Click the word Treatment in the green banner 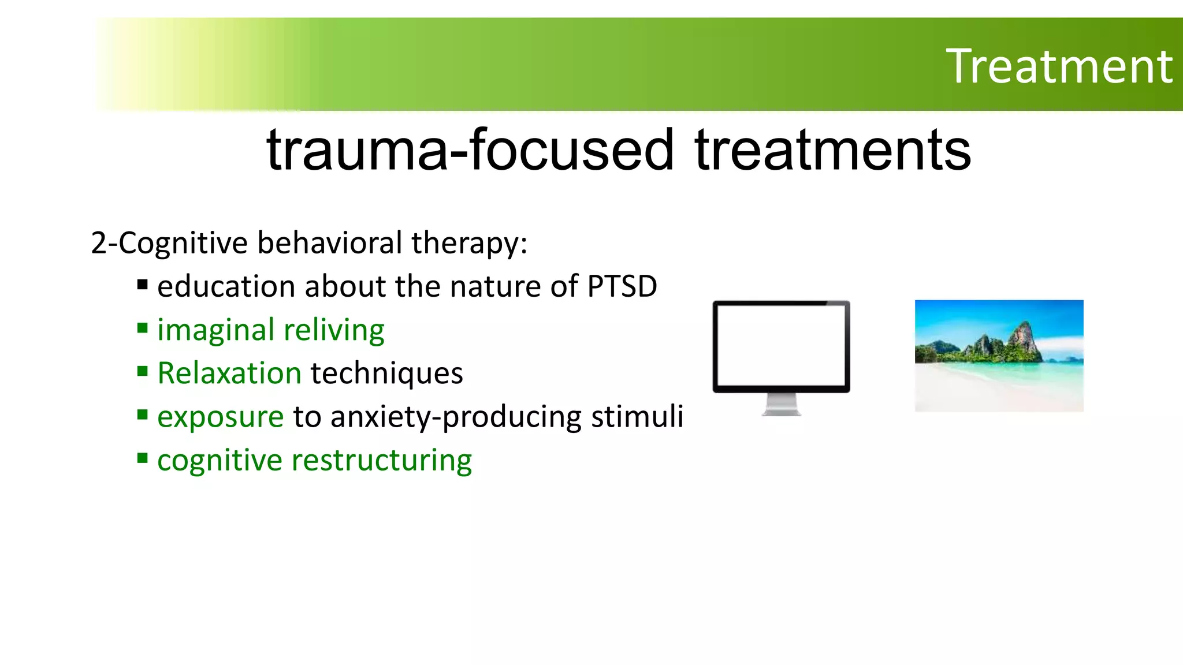[1059, 66]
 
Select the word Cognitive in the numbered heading [184, 242]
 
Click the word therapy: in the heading [469, 242]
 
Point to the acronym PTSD [622, 286]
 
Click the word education [226, 286]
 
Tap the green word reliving [334, 330]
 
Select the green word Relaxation [229, 373]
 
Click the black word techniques [387, 373]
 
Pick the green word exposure [220, 417]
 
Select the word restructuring [382, 461]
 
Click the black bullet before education [143, 285]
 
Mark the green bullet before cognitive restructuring [143, 458]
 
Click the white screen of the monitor [781, 346]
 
